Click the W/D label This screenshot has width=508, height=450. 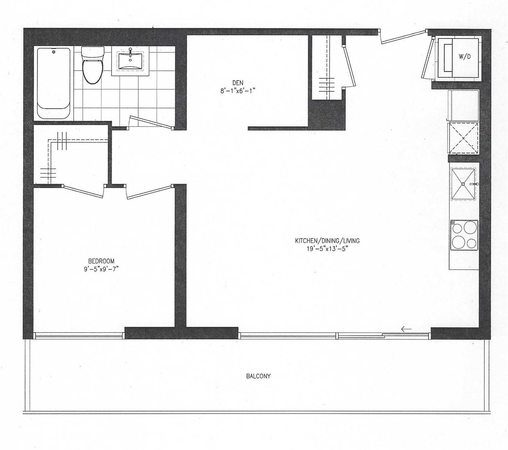(465, 56)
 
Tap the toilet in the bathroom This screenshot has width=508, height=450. (93, 67)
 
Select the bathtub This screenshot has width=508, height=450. (54, 83)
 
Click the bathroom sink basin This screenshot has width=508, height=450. (130, 61)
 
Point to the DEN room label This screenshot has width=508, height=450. (238, 83)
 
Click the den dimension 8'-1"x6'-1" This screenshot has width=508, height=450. (238, 91)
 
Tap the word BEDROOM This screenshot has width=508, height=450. (101, 261)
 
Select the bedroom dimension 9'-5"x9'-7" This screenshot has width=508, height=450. (101, 269)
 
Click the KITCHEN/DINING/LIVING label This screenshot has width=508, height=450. (327, 241)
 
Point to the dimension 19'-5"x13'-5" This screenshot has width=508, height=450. (327, 249)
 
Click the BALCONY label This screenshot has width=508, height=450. (258, 376)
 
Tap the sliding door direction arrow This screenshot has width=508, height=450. (406, 329)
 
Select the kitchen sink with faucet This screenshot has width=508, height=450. (463, 184)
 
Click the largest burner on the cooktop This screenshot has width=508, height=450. (470, 228)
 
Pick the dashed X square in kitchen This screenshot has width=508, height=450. (463, 138)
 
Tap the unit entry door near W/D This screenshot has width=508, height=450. (403, 37)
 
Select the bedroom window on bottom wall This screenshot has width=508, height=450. (79, 336)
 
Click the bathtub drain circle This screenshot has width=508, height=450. (54, 52)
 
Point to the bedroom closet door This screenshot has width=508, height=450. (83, 192)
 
